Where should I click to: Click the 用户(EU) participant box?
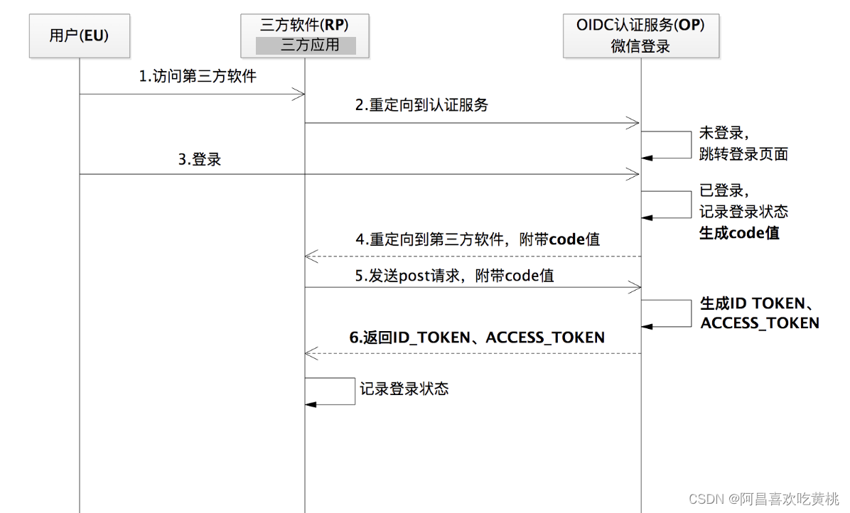[78, 35]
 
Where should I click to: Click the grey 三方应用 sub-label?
[305, 45]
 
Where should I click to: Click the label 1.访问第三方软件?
[197, 77]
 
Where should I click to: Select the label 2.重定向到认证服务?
[421, 105]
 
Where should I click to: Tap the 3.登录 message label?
[199, 159]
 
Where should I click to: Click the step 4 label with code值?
[477, 239]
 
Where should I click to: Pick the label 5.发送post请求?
[454, 276]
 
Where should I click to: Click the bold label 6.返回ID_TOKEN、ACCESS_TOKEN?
[477, 337]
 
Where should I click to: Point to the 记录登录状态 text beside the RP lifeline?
[404, 389]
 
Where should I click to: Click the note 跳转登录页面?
[743, 153]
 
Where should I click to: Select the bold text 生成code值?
[739, 232]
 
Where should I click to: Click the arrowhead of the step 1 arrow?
[299, 94]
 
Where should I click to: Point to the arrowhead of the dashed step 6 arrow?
[311, 353]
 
